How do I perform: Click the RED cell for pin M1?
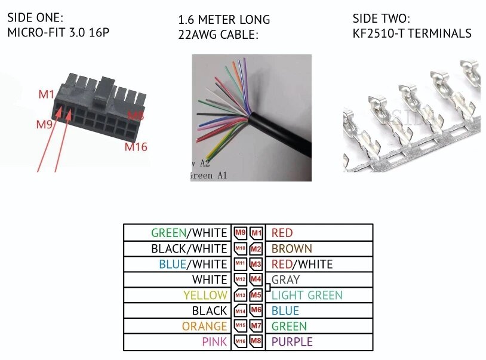(x=282, y=233)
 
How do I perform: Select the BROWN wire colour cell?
(x=291, y=248)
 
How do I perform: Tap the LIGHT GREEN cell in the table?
(x=307, y=295)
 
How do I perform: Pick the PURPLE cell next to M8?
(x=292, y=341)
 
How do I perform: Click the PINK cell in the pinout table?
(x=214, y=341)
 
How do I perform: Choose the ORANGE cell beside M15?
(x=205, y=326)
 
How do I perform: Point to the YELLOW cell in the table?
(x=205, y=295)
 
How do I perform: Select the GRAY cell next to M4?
(x=285, y=279)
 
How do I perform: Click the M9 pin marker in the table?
(x=240, y=233)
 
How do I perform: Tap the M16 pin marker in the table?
(x=240, y=341)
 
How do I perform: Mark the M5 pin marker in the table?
(x=256, y=295)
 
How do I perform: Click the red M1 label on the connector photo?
(x=47, y=94)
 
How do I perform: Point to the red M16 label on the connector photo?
(x=136, y=146)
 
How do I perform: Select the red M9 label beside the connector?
(x=44, y=125)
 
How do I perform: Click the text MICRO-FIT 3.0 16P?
(x=59, y=33)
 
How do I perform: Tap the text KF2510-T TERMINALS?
(x=411, y=33)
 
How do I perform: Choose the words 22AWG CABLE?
(x=218, y=35)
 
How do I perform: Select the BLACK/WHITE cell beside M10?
(x=189, y=248)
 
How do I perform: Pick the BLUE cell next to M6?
(x=285, y=310)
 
